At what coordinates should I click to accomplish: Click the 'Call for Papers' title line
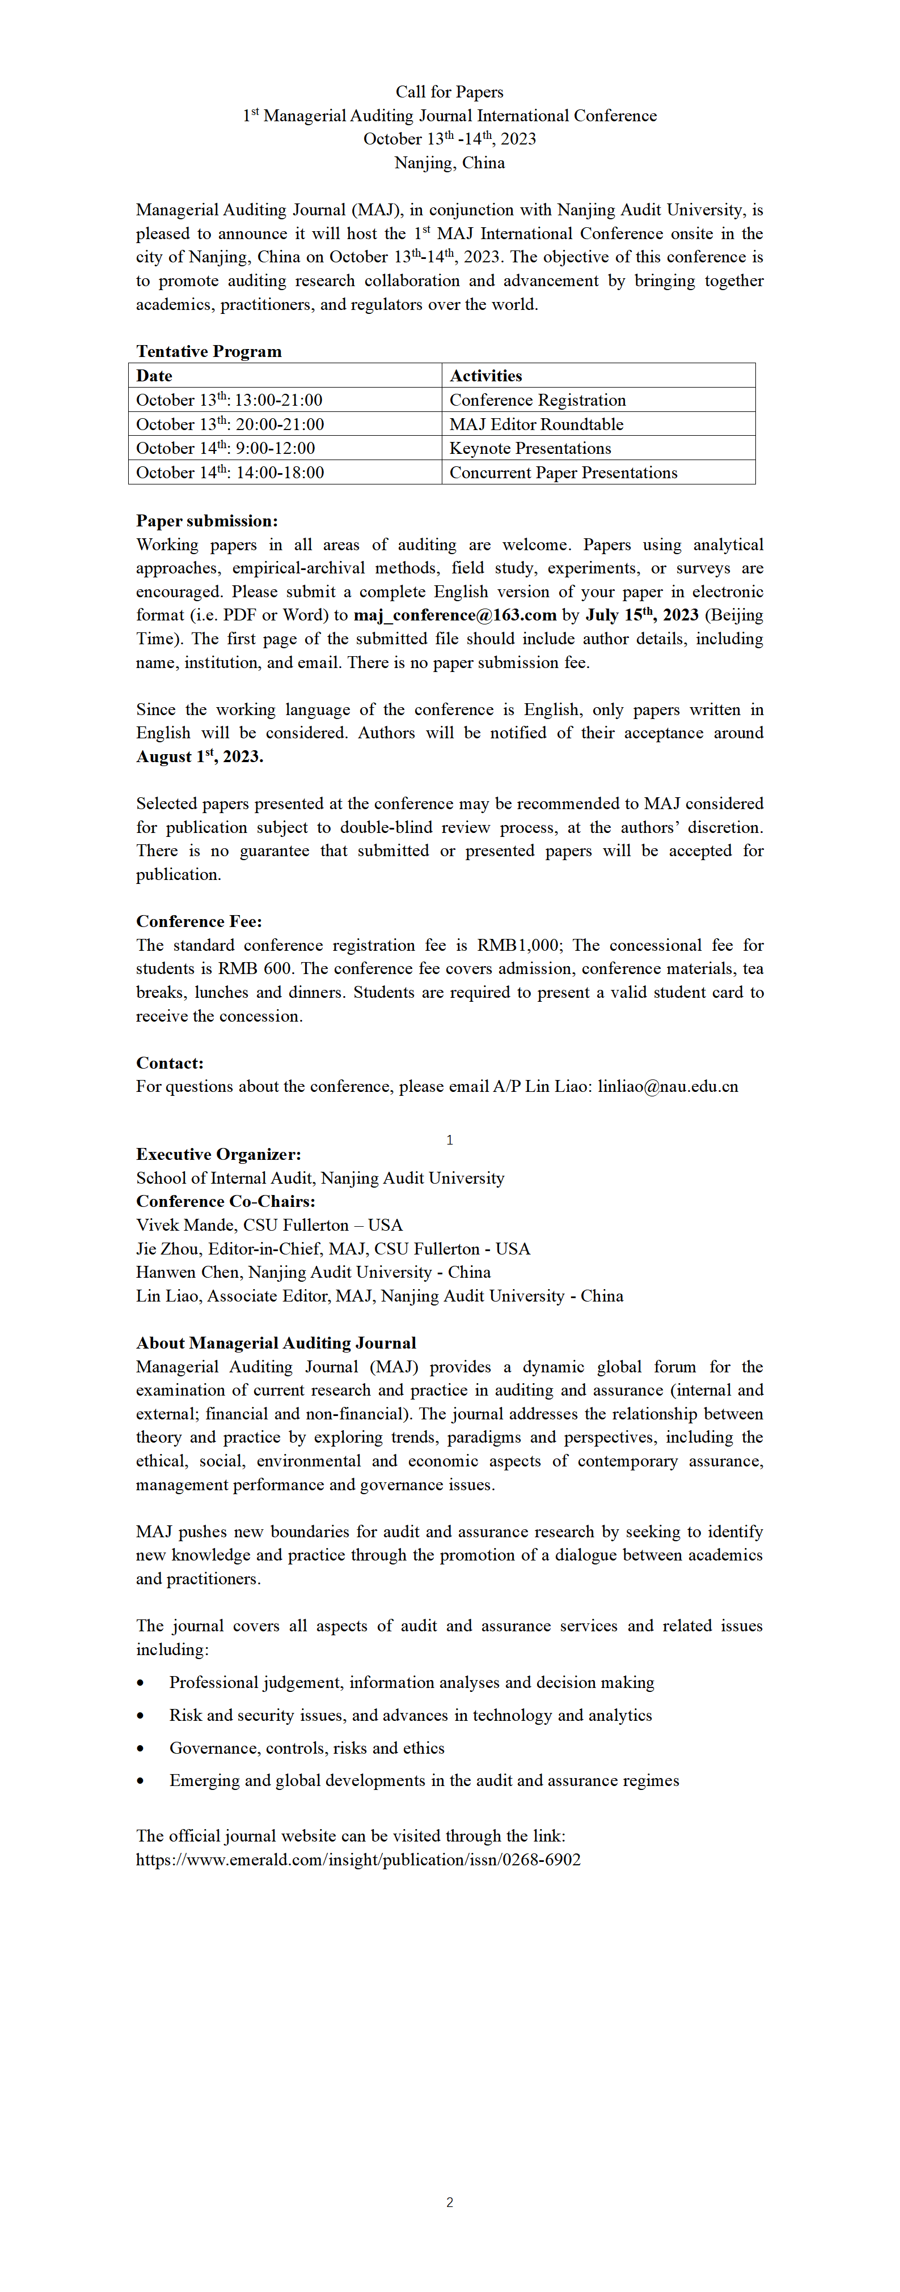coord(450,92)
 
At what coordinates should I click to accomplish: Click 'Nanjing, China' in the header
coord(450,163)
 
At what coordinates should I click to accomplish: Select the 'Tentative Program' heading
coord(208,351)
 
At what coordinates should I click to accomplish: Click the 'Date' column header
coord(154,376)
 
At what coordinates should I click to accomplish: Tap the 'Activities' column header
coord(485,376)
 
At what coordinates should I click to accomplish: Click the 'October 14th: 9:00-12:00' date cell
coord(225,448)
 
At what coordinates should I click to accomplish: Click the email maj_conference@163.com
coord(455,615)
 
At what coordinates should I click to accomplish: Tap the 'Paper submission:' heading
coord(206,521)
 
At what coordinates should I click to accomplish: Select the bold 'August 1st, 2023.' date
coord(200,756)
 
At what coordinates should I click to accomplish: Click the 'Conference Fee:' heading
coord(198,921)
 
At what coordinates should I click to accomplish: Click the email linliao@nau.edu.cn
coord(667,1086)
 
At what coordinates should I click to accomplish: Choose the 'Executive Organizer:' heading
coord(218,1154)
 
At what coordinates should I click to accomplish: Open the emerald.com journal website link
coord(358,1860)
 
